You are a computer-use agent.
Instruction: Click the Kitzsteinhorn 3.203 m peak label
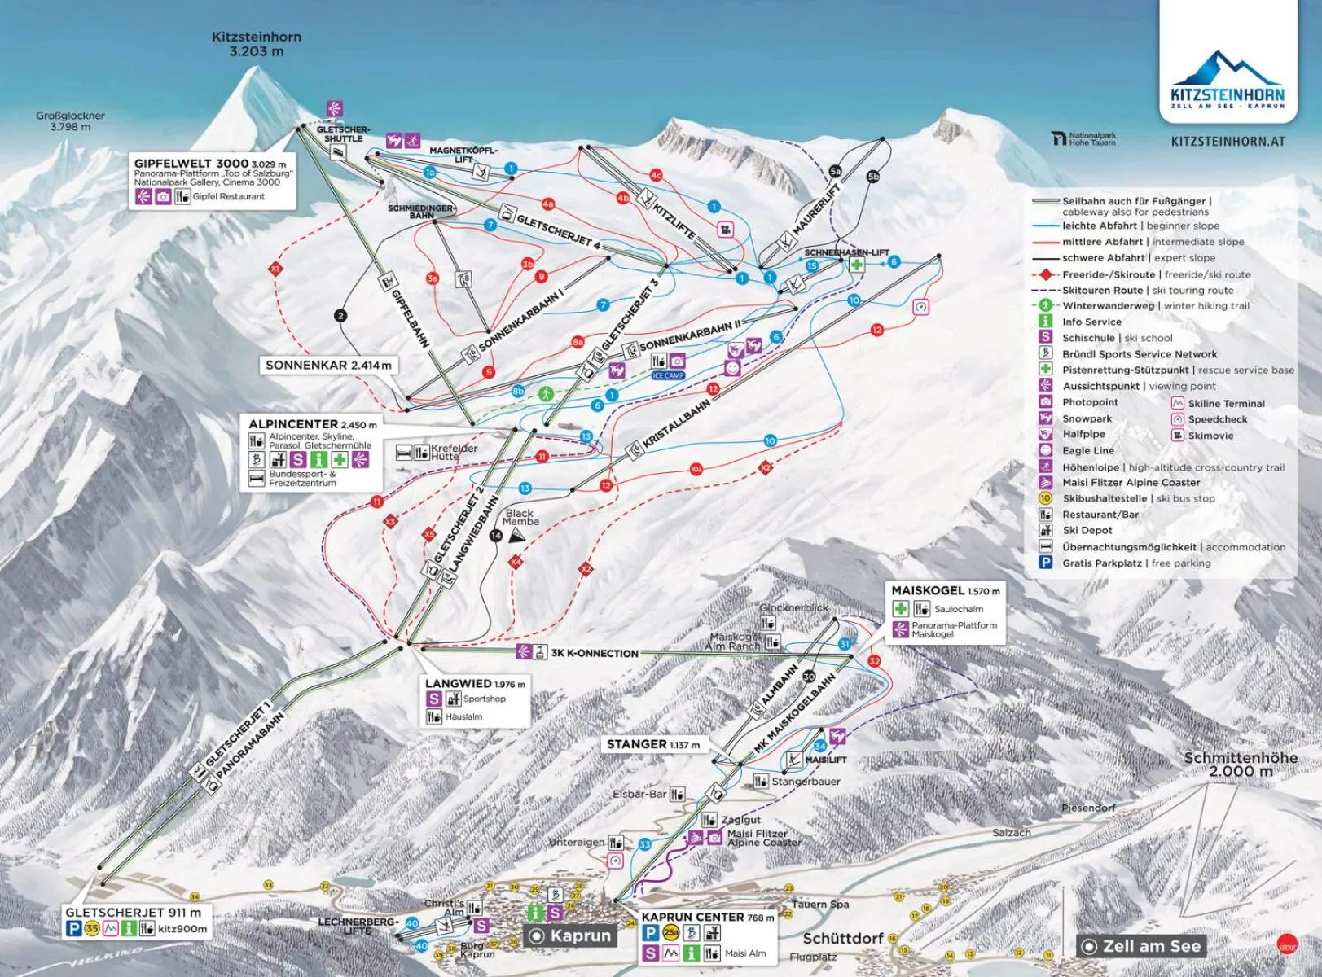tap(257, 44)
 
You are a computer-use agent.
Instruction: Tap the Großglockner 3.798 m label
tap(70, 121)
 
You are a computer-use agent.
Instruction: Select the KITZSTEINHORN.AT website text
tap(1228, 142)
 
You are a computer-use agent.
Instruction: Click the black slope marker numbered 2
tap(340, 316)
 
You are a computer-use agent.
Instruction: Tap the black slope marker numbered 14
tap(496, 535)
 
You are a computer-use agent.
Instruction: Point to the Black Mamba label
tap(520, 517)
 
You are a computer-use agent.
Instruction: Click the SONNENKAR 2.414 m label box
tap(328, 366)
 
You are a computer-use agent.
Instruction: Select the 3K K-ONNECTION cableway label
tap(594, 653)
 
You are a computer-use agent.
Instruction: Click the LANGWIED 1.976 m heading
tap(475, 683)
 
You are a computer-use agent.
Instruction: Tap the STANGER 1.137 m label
tap(652, 744)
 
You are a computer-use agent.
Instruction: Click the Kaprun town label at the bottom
tap(579, 935)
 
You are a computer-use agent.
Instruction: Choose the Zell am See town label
tap(1150, 946)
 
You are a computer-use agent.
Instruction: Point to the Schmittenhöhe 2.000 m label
tap(1240, 764)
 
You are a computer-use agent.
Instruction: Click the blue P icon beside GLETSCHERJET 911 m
tap(74, 928)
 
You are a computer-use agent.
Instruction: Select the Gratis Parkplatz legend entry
tap(1135, 563)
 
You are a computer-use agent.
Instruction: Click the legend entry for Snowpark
tap(1087, 418)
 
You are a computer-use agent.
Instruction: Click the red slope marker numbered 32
tap(875, 660)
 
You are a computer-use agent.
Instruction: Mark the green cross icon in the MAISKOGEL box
tap(900, 608)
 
